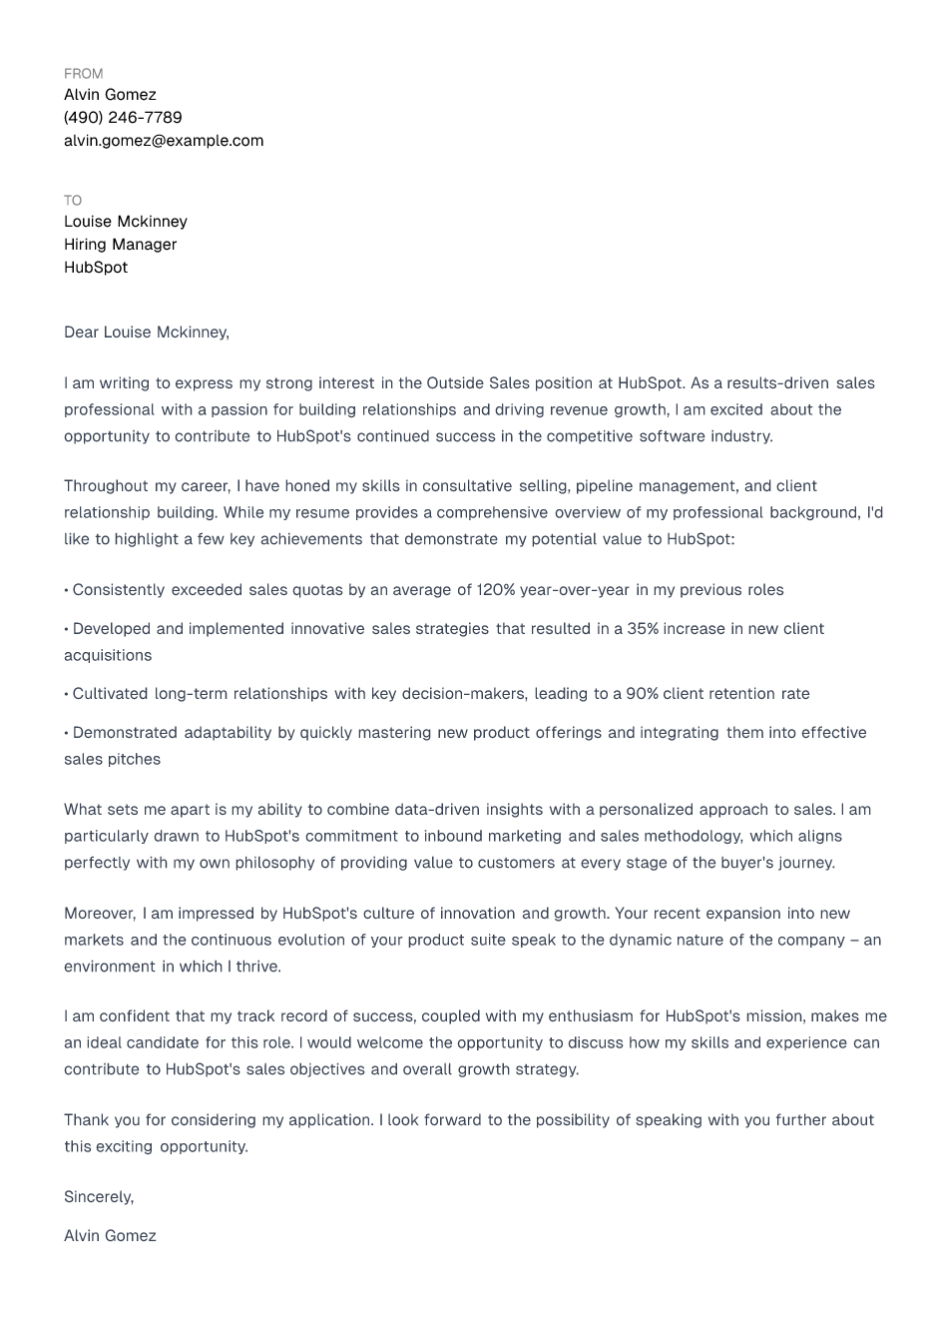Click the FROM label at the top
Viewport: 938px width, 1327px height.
(83, 73)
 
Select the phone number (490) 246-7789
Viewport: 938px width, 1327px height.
(123, 117)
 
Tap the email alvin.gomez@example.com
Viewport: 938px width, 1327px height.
(164, 140)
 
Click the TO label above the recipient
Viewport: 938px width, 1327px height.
(73, 200)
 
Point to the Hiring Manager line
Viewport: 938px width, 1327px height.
(120, 244)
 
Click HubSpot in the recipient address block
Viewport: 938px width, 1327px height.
(96, 267)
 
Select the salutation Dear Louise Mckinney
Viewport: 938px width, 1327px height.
(146, 332)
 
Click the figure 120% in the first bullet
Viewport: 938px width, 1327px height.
(495, 589)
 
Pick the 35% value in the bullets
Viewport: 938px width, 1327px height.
(643, 628)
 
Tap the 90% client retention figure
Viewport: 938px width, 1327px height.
(642, 693)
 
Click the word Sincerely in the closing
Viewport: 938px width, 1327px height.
(98, 1196)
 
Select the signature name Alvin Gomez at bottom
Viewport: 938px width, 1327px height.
(110, 1235)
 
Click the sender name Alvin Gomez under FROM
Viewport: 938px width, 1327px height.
(110, 94)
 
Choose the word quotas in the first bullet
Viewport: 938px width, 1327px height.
(317, 589)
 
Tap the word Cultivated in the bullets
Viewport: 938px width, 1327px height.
(110, 693)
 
